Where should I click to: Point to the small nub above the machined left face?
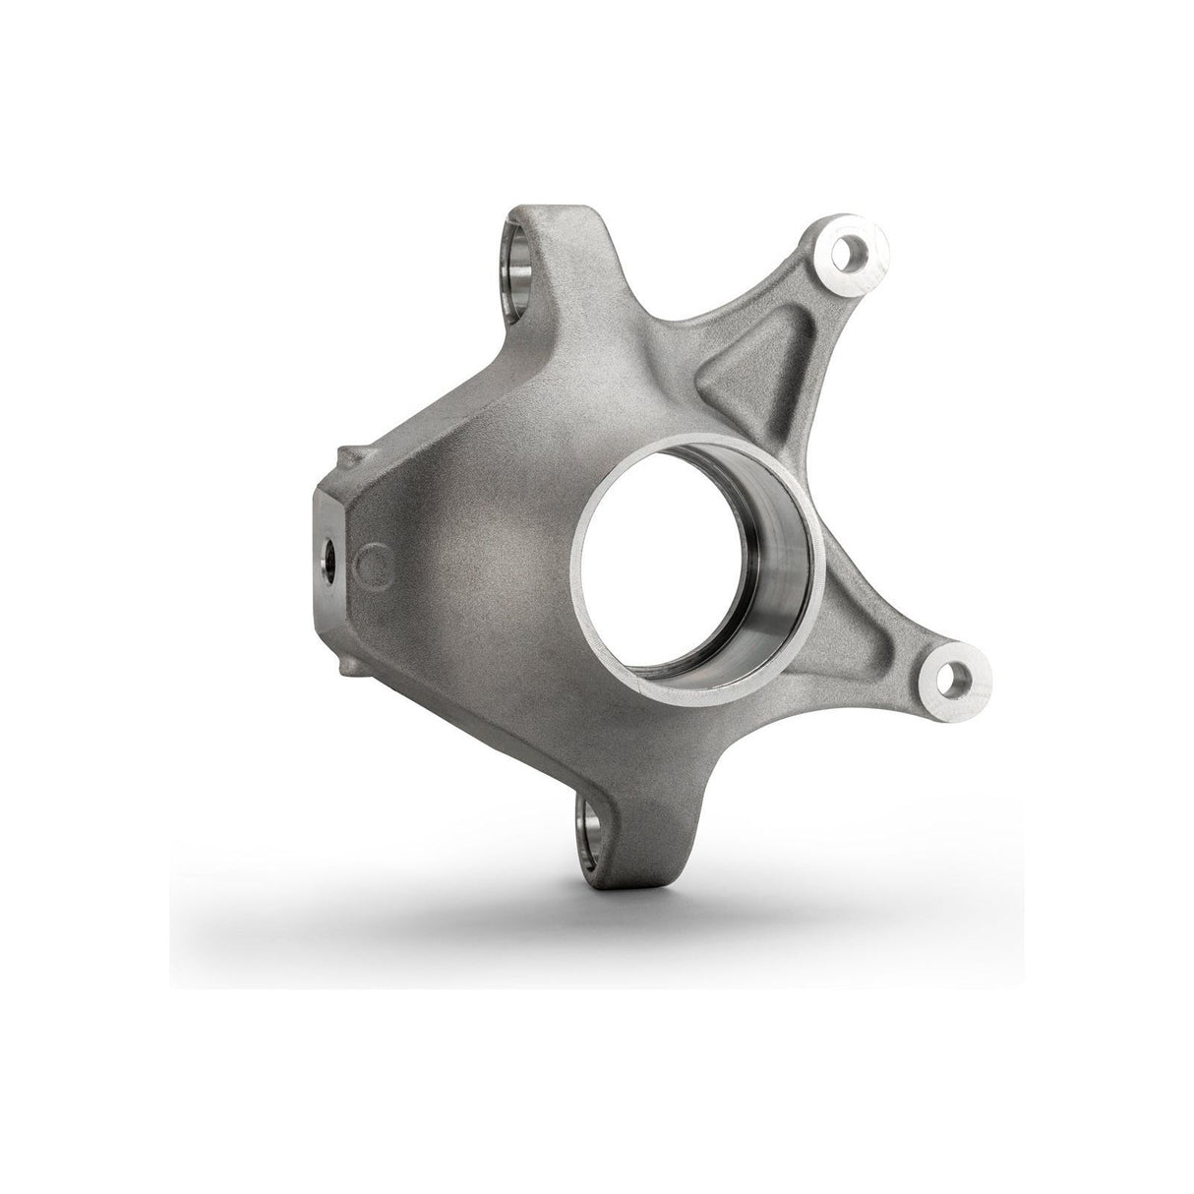tap(344, 457)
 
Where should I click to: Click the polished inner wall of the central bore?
tap(777, 590)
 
